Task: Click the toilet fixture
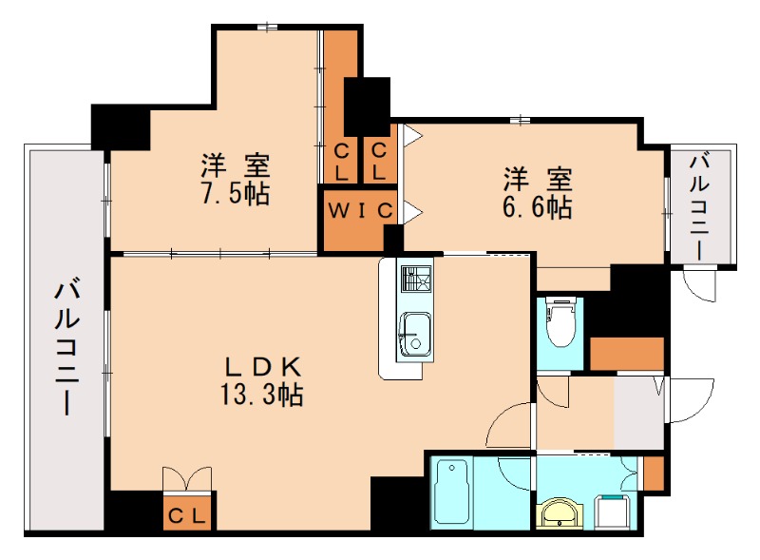point(560,322)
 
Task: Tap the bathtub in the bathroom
point(451,492)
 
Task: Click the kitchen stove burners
point(415,279)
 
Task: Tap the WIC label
point(360,211)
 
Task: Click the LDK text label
point(262,367)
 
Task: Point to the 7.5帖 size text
point(236,194)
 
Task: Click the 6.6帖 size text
point(537,207)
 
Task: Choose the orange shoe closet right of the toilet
point(627,354)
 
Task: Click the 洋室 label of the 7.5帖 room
point(236,165)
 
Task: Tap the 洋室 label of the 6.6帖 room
point(538,179)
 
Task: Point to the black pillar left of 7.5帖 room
point(121,126)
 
